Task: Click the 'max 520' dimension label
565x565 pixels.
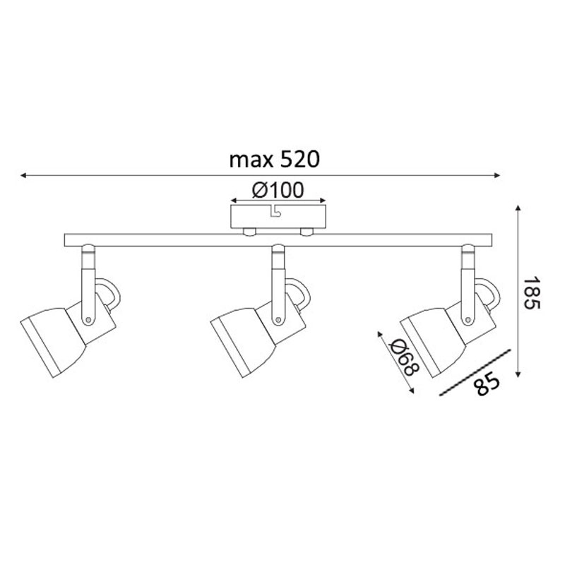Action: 275,160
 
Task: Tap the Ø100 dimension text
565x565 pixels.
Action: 278,190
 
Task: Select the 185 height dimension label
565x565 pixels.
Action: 532,292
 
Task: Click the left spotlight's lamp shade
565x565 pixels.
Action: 54,342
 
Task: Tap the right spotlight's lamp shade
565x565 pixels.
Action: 433,342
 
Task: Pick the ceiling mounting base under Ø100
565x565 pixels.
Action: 278,217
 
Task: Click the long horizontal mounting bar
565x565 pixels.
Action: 278,240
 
